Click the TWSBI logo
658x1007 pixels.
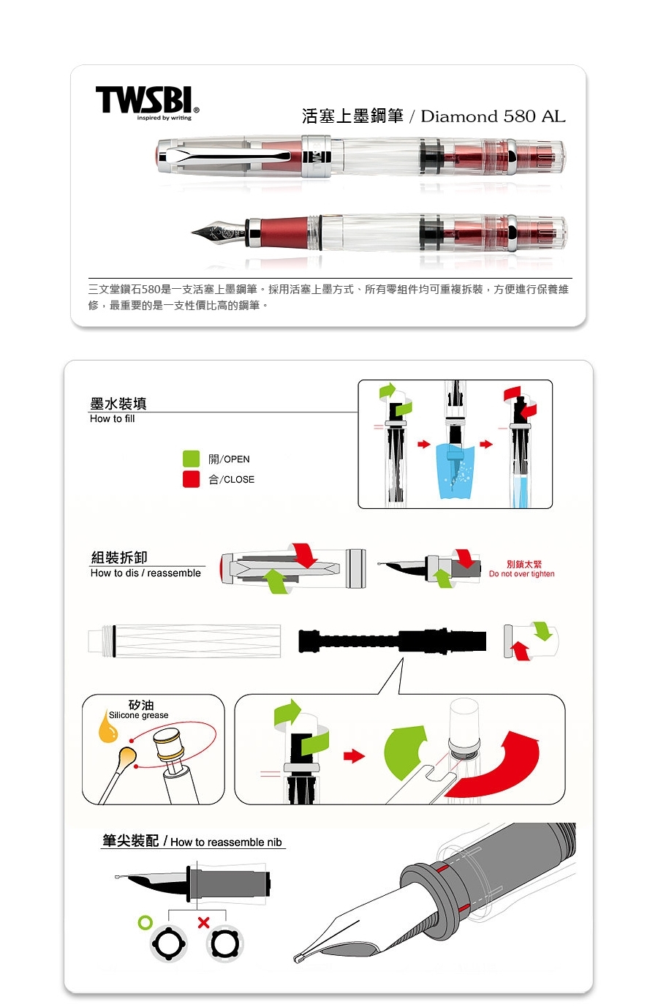(x=147, y=103)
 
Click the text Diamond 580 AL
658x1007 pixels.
(x=493, y=116)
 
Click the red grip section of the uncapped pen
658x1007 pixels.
(x=284, y=232)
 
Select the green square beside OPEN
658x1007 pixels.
(x=191, y=459)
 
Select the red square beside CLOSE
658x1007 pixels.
(x=191, y=479)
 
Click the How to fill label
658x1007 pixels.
(x=113, y=418)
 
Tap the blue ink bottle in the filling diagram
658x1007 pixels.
(x=455, y=471)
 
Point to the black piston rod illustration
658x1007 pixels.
(x=392, y=640)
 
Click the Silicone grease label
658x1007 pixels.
(x=138, y=715)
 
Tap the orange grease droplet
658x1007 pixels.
(x=108, y=728)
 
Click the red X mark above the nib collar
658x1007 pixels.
(x=203, y=923)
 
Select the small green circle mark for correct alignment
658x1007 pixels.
(x=145, y=923)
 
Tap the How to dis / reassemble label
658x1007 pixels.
(x=145, y=573)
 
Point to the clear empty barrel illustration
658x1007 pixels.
(x=184, y=641)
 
